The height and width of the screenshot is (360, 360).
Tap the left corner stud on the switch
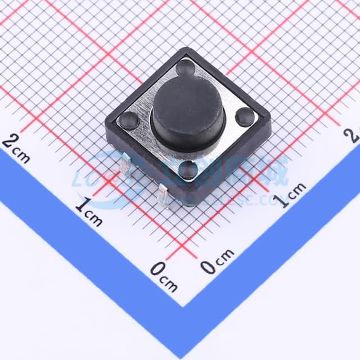pyautogui.click(x=129, y=120)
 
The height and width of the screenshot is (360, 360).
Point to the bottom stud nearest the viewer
pyautogui.click(x=188, y=169)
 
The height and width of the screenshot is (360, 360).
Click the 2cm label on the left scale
pyautogui.click(x=16, y=148)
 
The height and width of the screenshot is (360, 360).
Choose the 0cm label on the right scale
pyautogui.click(x=217, y=260)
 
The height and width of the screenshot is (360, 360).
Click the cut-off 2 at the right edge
pyautogui.click(x=354, y=135)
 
